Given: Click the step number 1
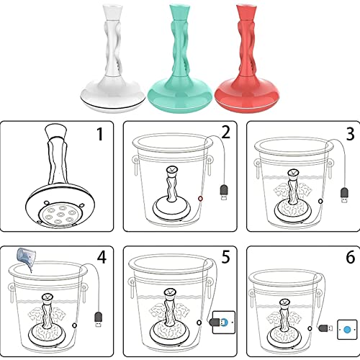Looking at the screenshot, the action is [100, 134].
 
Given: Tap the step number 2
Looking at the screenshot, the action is [225, 132].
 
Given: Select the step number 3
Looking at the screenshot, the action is [350, 134].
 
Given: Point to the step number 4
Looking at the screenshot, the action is [102, 258].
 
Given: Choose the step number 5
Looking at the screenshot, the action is [225, 257].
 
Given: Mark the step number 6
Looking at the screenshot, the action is [351, 257].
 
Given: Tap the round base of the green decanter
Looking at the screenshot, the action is [179, 94].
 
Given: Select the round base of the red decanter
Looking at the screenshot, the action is [247, 94].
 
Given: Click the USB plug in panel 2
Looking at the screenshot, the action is [224, 192].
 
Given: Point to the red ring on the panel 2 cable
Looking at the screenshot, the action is [200, 199].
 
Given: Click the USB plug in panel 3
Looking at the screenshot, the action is [345, 195].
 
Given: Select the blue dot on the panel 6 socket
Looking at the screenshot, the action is [346, 330].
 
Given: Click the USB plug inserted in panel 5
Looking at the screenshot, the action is [218, 322].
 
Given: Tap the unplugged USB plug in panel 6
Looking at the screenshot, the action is [325, 328].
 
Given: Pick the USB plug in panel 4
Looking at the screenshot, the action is [99, 319].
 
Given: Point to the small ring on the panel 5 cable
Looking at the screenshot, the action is [199, 323].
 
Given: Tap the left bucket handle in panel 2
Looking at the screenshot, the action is [135, 166].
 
